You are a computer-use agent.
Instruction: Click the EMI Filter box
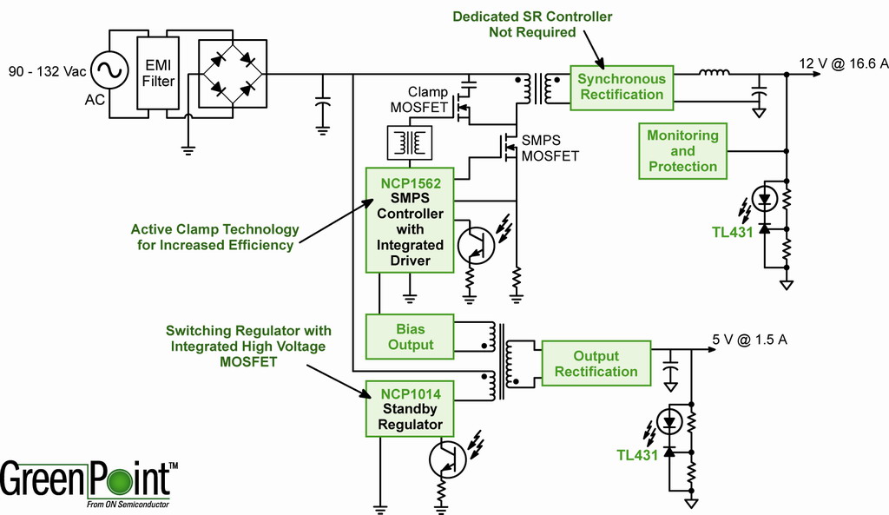pyautogui.click(x=159, y=74)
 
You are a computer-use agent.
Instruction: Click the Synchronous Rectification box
pyautogui.click(x=621, y=87)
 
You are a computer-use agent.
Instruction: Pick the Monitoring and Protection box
pyautogui.click(x=682, y=151)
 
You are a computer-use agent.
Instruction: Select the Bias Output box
pyautogui.click(x=410, y=337)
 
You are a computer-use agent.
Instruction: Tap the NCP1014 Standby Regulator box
pyautogui.click(x=410, y=409)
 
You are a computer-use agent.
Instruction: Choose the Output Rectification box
pyautogui.click(x=596, y=364)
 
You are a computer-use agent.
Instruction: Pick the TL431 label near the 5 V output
pyautogui.click(x=636, y=455)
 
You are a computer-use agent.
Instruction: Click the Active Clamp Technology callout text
pyautogui.click(x=214, y=237)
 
